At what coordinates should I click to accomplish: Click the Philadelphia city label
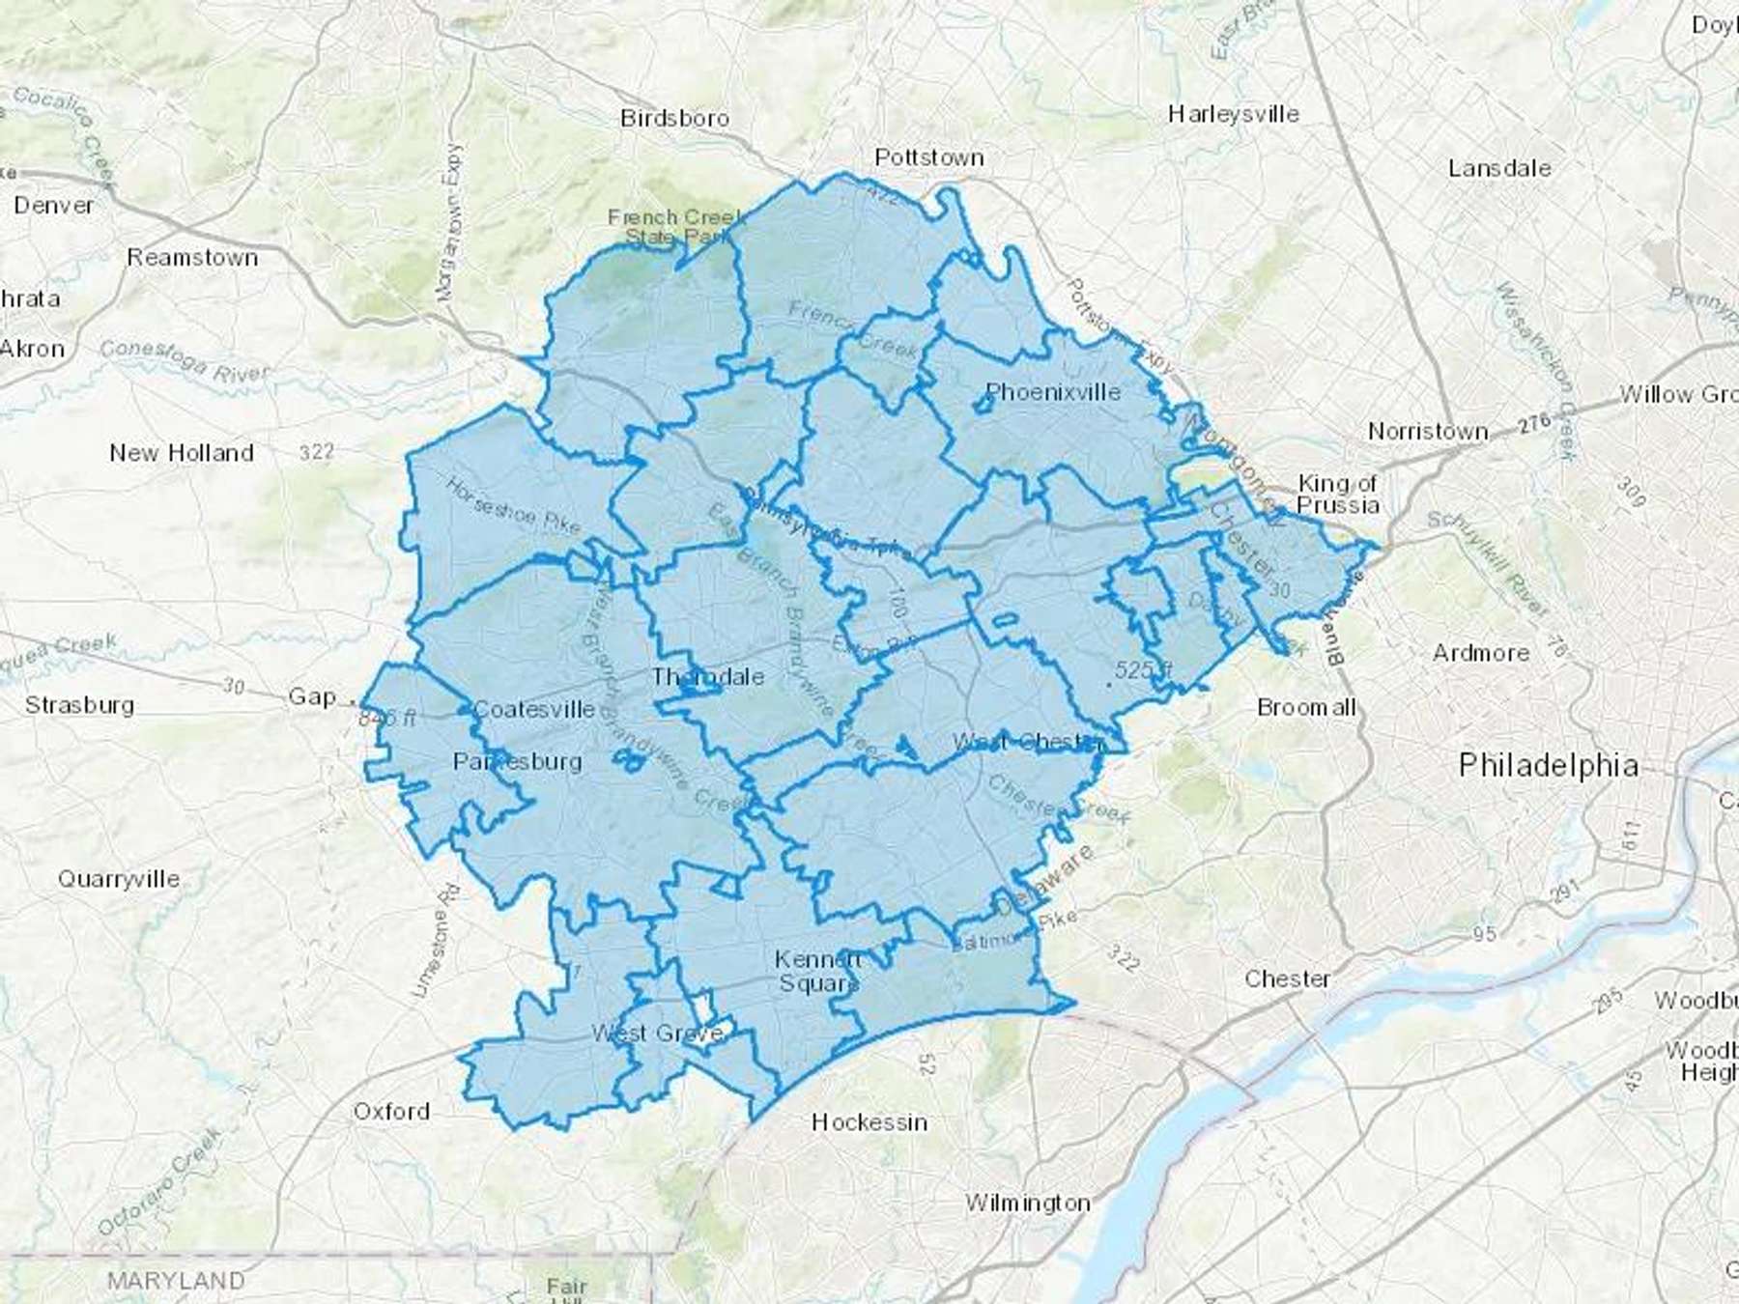(1549, 766)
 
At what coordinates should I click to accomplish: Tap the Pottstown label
(928, 157)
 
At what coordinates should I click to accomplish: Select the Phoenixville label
(1053, 392)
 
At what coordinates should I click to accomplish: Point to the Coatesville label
(534, 710)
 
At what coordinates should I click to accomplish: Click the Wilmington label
(1028, 1204)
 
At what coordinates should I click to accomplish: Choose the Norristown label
(1428, 432)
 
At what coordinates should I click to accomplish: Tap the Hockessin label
(869, 1122)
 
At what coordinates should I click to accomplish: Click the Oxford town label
(391, 1111)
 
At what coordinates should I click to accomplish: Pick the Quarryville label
(119, 879)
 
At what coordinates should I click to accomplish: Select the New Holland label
(182, 452)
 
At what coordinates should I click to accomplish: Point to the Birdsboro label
(674, 119)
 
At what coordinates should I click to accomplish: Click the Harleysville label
(1234, 114)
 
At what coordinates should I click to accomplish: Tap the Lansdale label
(1499, 168)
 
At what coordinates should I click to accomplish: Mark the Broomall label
(1306, 708)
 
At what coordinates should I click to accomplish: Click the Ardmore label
(1481, 653)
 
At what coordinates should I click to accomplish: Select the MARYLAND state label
(176, 1281)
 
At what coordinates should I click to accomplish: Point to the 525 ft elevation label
(1143, 670)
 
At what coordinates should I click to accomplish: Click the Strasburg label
(79, 705)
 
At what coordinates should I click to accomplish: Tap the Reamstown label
(192, 258)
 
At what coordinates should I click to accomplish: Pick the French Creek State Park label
(675, 227)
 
